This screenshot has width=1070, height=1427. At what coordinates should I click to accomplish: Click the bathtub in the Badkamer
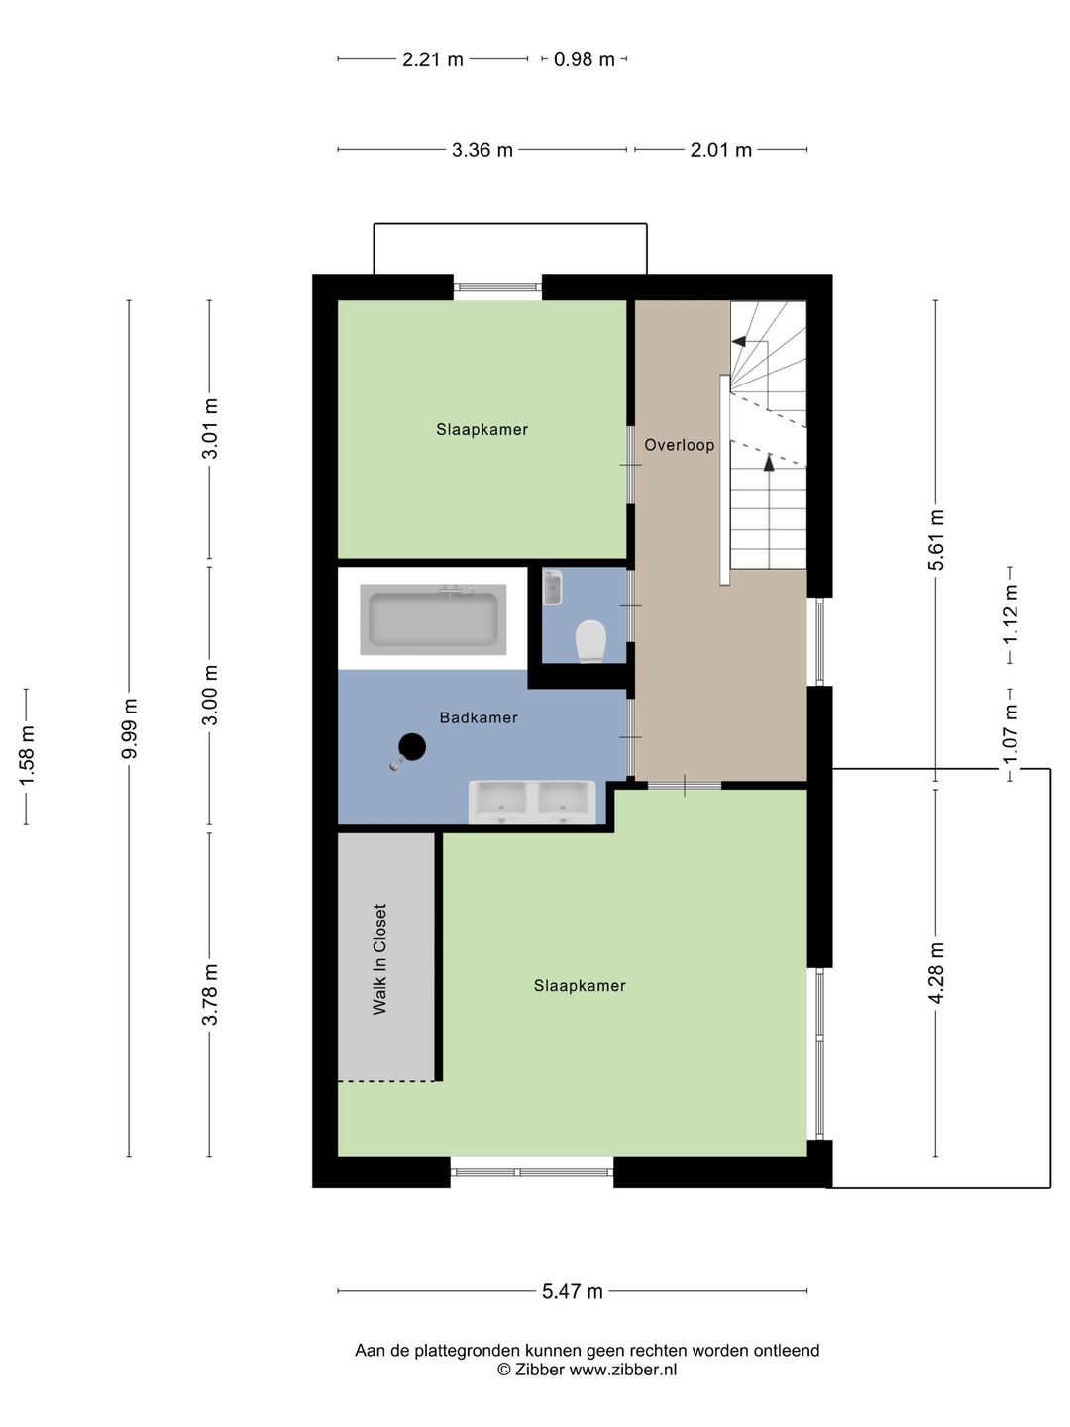pos(433,619)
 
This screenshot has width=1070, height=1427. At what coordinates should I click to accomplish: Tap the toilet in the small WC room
pos(590,641)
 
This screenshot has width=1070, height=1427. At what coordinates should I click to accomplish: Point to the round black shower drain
pos(412,747)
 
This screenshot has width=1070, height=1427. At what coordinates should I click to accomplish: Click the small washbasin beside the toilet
pos(553,588)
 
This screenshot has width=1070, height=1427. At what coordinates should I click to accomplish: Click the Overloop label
pos(680,445)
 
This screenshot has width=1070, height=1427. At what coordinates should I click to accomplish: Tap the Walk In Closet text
pos(380,959)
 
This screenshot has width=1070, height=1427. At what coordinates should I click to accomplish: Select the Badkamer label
pos(479,717)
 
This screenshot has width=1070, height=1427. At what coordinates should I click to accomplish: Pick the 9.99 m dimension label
pos(130,728)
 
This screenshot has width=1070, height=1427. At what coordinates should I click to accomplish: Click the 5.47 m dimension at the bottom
pos(573,1291)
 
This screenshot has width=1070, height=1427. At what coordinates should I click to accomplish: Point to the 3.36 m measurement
pos(482,150)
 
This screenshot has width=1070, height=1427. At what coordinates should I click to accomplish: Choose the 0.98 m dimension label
pos(585,59)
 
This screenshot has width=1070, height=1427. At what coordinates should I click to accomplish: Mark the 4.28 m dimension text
pos(936,973)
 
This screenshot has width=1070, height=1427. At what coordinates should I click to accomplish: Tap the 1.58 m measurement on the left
pos(27,756)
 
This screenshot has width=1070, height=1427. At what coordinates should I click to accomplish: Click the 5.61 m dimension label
pos(936,540)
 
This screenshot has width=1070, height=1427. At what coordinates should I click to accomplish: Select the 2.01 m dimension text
pos(721,150)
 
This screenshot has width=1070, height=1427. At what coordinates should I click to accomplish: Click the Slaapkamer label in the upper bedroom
pos(482,429)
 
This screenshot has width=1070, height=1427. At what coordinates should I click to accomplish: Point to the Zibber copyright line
pos(588,1370)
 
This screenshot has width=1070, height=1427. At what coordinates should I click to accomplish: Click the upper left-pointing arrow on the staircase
pos(739,341)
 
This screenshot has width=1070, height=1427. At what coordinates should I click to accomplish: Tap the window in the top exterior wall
pos(498,287)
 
